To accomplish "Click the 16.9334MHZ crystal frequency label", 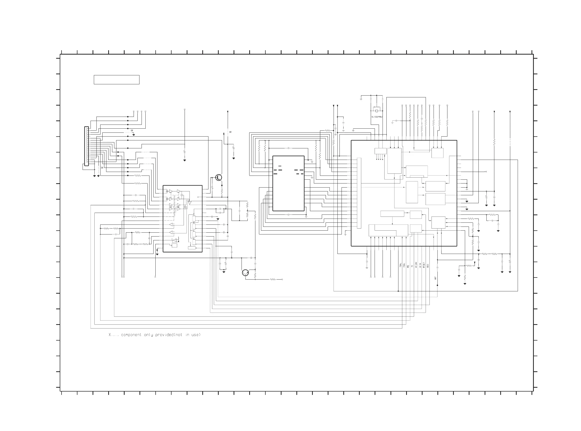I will [377, 117].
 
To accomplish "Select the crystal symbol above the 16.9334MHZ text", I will [376, 111].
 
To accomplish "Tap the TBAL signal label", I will [400, 265].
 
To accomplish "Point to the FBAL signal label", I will [404, 265].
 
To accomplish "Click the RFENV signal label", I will [416, 265].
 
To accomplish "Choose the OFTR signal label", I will [420, 265].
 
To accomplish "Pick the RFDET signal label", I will [424, 265].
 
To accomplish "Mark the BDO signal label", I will [428, 265].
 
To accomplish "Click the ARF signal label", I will [435, 278].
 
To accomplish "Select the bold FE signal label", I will [408, 266].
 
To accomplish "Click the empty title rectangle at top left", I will [116, 80].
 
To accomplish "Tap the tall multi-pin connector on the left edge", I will [86, 146].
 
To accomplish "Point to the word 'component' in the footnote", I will [131, 335].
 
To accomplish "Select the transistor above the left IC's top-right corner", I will [219, 177].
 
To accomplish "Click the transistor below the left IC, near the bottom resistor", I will [245, 273].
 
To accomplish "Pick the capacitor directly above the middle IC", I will [288, 148].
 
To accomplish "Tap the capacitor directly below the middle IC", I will [288, 215].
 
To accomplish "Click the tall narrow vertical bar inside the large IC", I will [359, 193].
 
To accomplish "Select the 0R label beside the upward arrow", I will [230, 132].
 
